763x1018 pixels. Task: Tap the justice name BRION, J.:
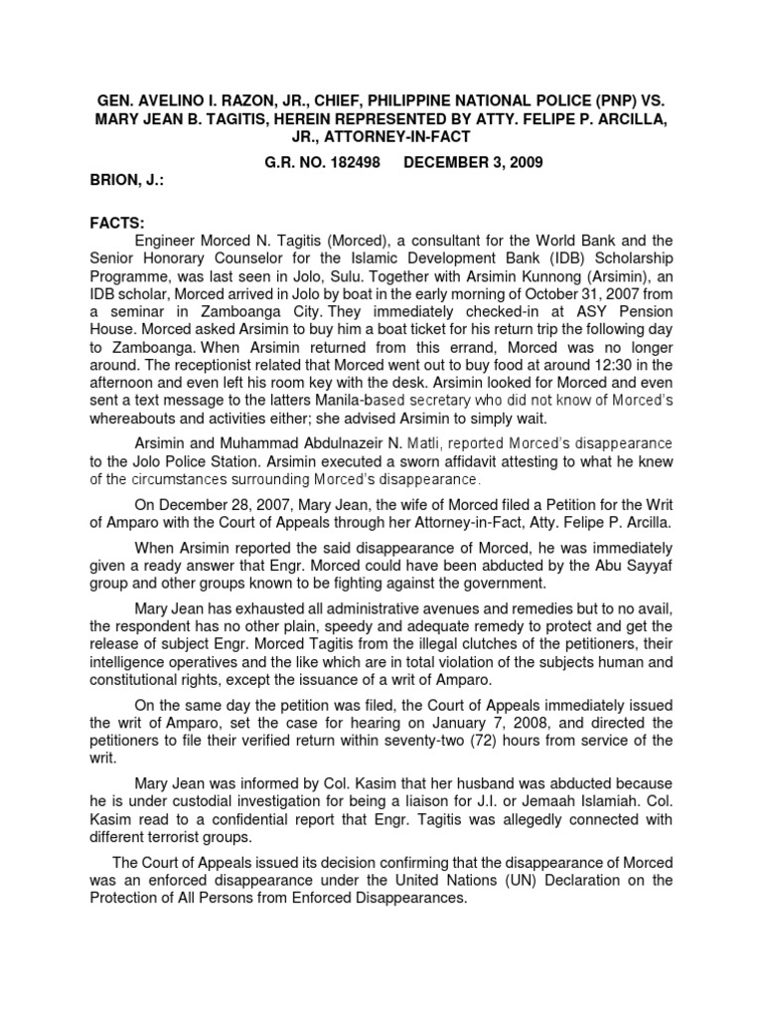click(131, 182)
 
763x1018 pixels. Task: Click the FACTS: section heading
click(118, 226)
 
